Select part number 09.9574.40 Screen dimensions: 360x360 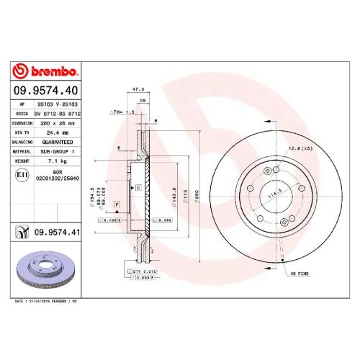(46, 92)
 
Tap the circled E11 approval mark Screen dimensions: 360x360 (22, 175)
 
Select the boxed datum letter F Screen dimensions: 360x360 (115, 206)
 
